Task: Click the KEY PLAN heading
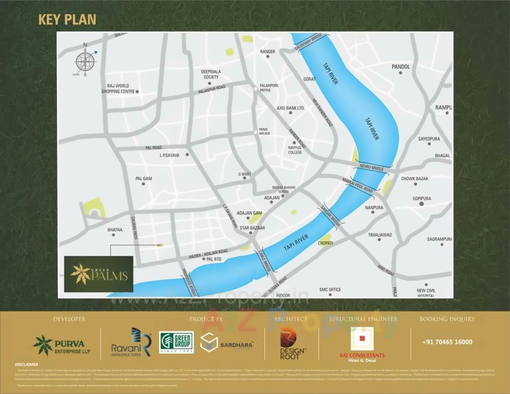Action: tap(67, 20)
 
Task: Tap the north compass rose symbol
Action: tap(85, 61)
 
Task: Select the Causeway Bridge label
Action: tap(308, 42)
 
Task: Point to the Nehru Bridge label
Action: tap(371, 168)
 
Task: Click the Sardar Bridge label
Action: tap(331, 216)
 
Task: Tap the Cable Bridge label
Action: tap(265, 261)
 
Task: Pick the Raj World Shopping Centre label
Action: tap(118, 88)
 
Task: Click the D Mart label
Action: tap(245, 174)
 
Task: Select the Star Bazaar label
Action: tap(252, 228)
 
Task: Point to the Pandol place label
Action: tap(400, 67)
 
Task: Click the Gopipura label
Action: tap(422, 198)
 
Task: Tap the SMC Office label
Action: tap(330, 290)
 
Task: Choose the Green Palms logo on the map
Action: tap(99, 274)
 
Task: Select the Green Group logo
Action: tap(176, 342)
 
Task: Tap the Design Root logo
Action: tap(292, 343)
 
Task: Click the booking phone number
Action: tap(447, 342)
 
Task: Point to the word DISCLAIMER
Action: tap(27, 365)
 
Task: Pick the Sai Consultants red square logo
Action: tap(362, 339)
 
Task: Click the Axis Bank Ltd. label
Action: tap(290, 108)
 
